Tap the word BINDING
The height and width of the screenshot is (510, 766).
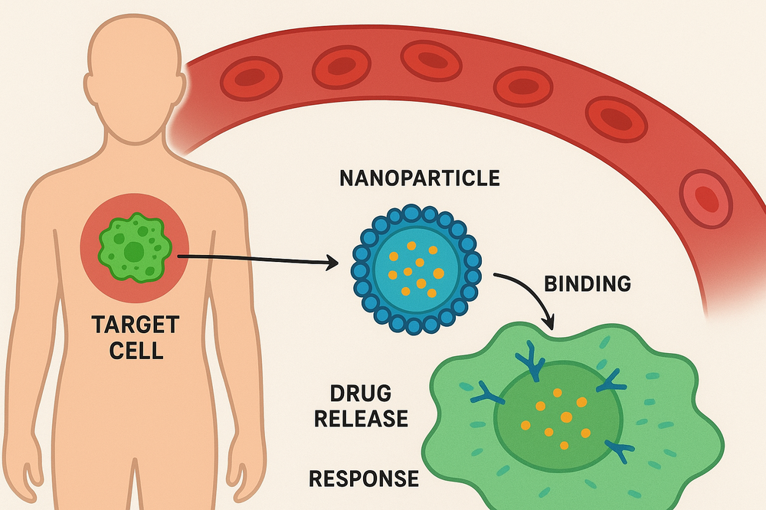click(x=587, y=283)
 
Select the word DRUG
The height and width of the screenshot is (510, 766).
click(x=361, y=394)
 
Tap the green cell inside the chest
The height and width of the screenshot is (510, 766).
click(x=134, y=250)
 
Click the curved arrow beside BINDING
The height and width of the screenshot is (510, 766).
click(x=529, y=293)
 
